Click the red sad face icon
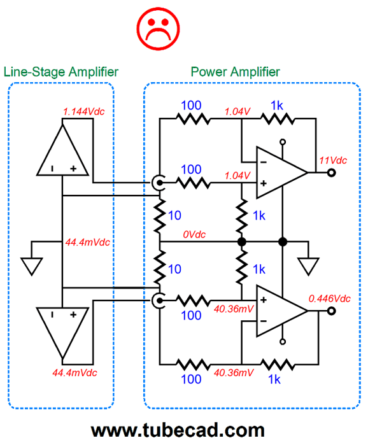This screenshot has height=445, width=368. (x=158, y=29)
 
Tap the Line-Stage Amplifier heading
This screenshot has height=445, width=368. (x=60, y=72)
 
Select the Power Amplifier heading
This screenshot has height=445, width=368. (x=235, y=72)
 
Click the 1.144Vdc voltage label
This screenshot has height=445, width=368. (x=83, y=111)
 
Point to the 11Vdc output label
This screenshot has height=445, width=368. (x=333, y=160)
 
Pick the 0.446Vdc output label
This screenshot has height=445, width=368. (x=329, y=299)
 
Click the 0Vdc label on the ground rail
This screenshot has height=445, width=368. (x=194, y=234)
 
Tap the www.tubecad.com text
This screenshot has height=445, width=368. (x=178, y=430)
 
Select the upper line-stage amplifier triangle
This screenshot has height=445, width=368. (x=62, y=150)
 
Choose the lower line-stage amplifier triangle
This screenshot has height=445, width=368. (x=62, y=333)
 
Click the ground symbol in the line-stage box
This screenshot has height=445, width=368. (x=32, y=266)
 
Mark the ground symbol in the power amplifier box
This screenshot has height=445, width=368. (x=308, y=266)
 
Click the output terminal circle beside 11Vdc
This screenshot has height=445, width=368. (x=332, y=173)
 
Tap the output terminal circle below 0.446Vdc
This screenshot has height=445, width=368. (x=332, y=311)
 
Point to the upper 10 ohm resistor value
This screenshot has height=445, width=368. (x=174, y=216)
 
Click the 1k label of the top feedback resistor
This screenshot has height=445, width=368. (x=277, y=106)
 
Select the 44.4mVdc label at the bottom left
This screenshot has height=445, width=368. (x=74, y=372)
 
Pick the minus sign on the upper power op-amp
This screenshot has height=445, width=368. (x=264, y=162)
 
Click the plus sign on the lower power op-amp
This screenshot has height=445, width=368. (x=264, y=300)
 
